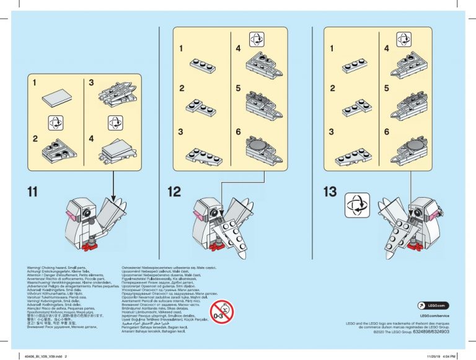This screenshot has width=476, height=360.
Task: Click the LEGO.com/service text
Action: tap(433, 316)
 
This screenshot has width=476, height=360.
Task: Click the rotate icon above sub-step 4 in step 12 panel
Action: tap(256, 39)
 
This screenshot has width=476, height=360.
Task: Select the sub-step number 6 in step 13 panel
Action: tap(387, 132)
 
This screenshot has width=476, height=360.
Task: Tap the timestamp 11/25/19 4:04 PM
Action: tap(441, 356)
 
